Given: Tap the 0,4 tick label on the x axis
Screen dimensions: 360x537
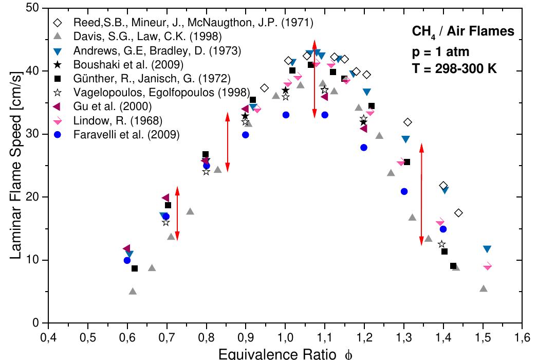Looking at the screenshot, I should coord(48,338).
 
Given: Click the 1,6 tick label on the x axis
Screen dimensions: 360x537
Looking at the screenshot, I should coord(522,338).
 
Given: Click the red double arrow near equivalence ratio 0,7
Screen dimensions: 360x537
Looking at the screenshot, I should coord(177,213).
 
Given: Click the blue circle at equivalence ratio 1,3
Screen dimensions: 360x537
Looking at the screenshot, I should coord(404,191).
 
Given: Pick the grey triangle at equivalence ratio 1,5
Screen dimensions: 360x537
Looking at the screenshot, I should coord(483,289).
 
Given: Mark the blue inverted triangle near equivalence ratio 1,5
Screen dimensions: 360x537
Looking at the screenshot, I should coord(487,249).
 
